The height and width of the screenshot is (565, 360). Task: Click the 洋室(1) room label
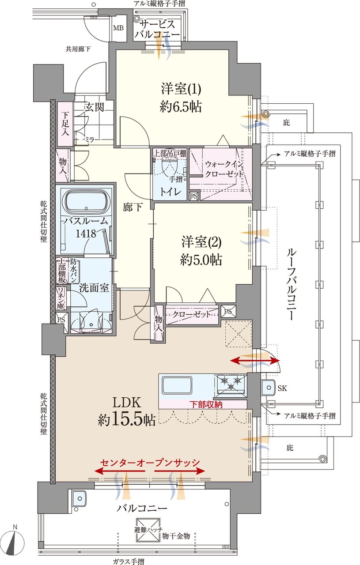point(181,89)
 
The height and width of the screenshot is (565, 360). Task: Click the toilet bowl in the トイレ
point(169,167)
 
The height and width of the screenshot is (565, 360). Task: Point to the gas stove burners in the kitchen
point(231,382)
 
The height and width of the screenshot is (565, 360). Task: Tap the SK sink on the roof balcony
point(268,387)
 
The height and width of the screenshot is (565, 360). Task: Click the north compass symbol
point(14,542)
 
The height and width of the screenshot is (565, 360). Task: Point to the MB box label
point(119,28)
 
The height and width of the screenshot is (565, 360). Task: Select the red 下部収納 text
point(206,404)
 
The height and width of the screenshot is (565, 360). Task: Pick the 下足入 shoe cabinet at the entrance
point(65,124)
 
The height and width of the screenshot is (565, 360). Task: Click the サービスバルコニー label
point(157,29)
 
